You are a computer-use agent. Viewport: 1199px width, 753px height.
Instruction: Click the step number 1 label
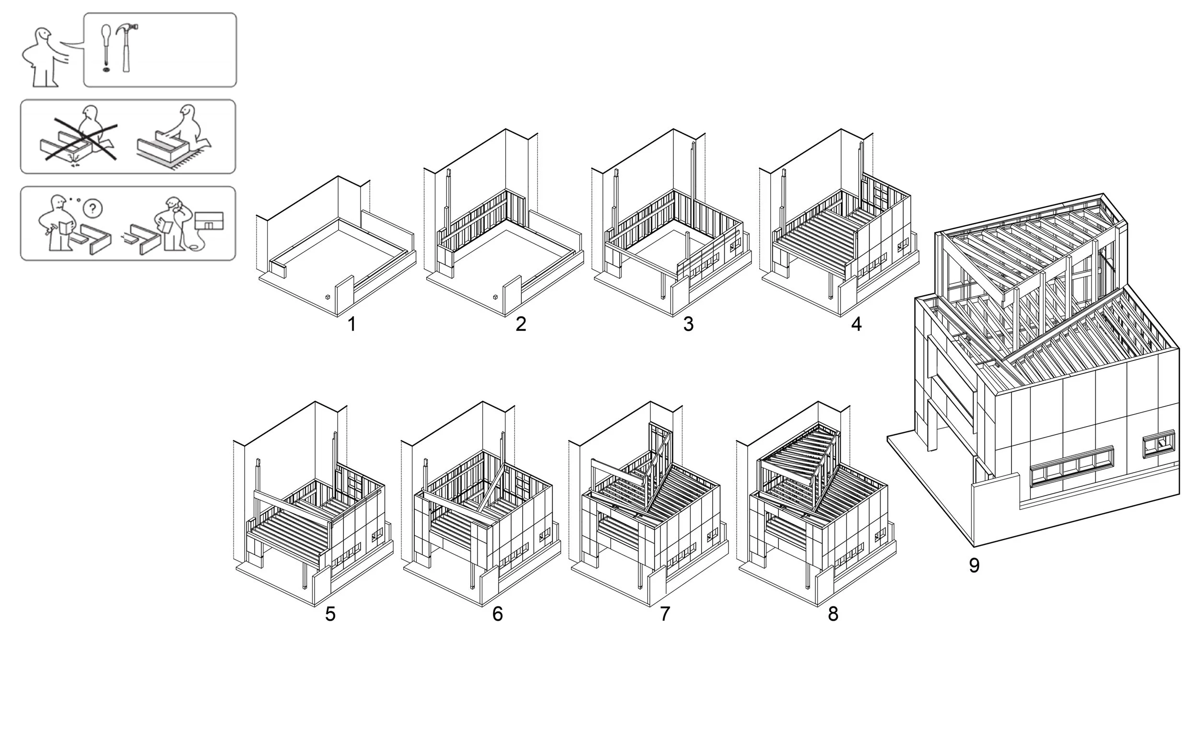[x=352, y=324]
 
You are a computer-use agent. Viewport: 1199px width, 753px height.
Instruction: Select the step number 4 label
[x=856, y=324]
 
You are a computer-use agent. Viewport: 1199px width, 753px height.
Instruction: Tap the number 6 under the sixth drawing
[x=497, y=614]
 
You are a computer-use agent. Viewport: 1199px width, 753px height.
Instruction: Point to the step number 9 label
[x=974, y=566]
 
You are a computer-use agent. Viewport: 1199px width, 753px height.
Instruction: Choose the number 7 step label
[x=665, y=614]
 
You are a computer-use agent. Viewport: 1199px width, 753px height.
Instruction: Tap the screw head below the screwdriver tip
[x=106, y=70]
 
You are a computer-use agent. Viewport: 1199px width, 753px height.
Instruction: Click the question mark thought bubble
[x=93, y=208]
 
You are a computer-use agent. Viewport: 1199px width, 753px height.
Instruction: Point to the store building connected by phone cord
[x=209, y=220]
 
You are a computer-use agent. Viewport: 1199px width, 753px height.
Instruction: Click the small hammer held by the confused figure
[x=48, y=231]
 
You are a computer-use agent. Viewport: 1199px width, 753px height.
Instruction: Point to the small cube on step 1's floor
[x=328, y=297]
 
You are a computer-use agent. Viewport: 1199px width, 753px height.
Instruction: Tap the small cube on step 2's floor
[x=495, y=297]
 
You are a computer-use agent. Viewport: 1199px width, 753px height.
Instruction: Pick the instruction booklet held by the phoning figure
[x=166, y=227]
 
